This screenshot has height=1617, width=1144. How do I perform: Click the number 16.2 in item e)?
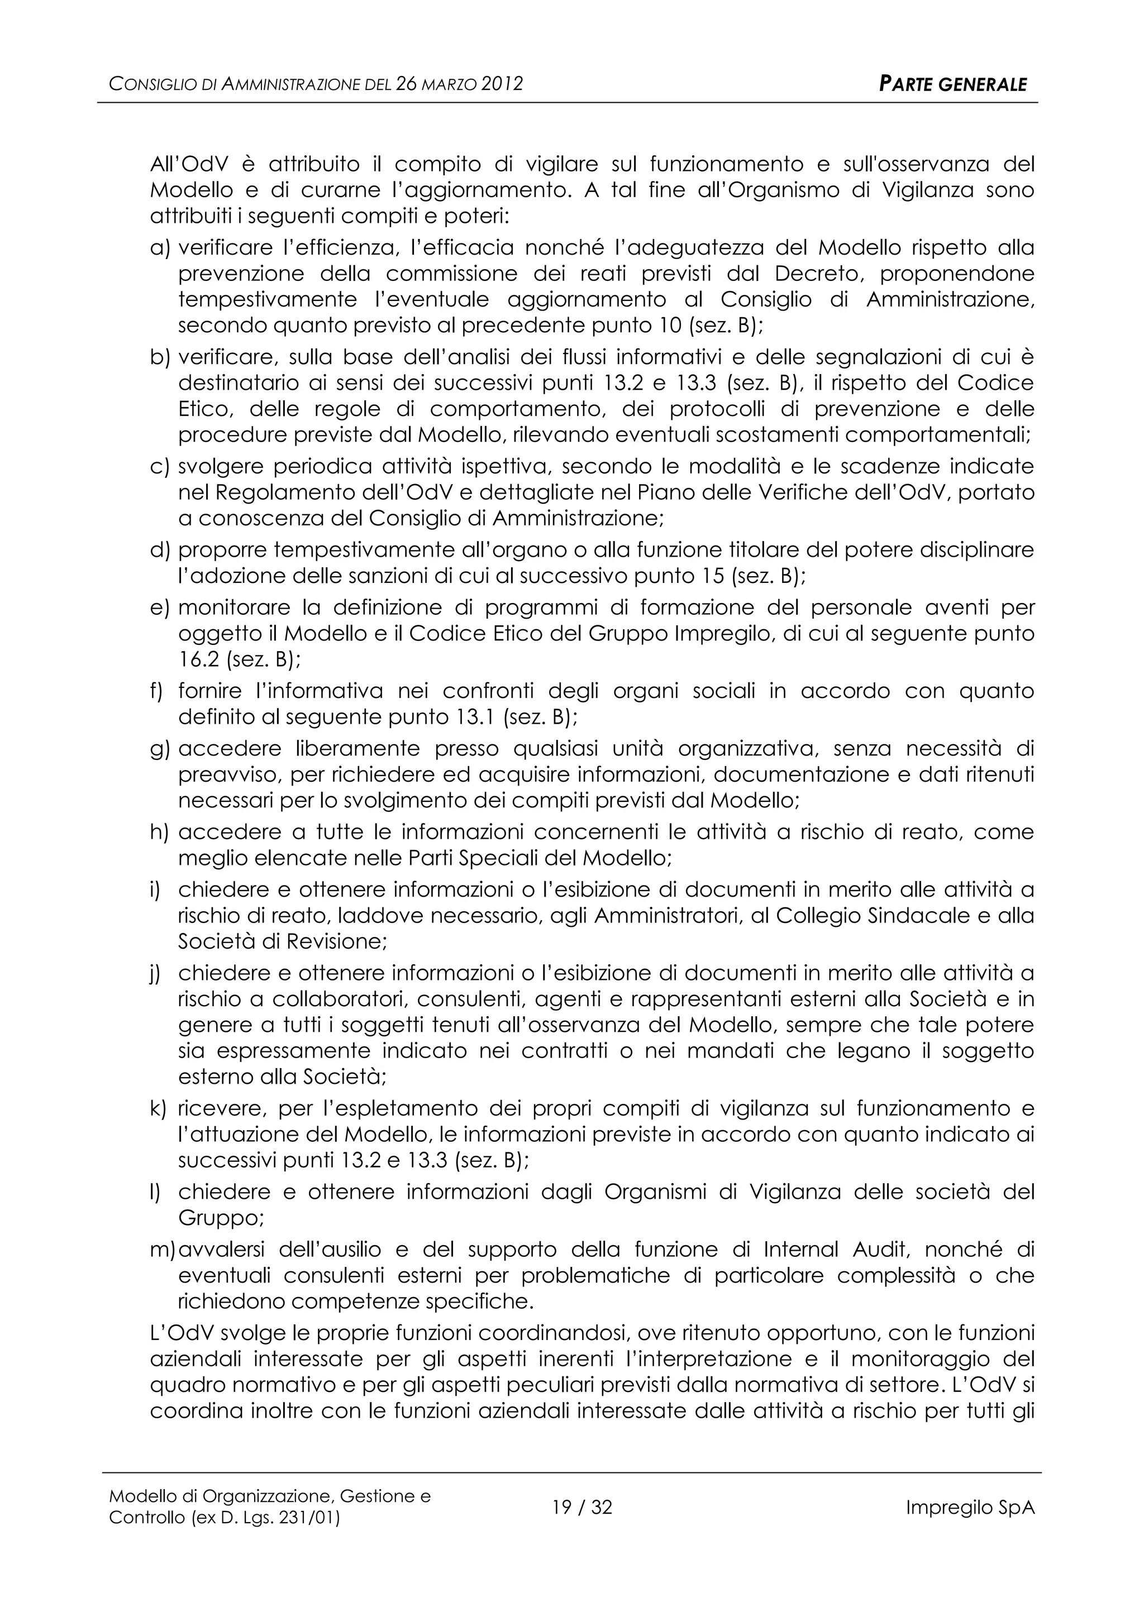199,660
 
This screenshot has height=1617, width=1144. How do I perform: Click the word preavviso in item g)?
227,774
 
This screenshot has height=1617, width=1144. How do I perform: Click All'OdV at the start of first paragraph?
189,165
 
